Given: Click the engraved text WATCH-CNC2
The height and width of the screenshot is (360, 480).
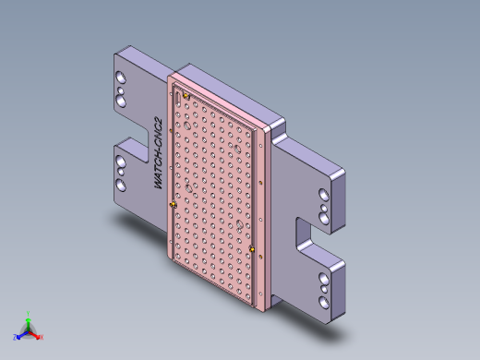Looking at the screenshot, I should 159,153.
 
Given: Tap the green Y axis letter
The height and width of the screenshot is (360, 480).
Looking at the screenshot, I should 29,313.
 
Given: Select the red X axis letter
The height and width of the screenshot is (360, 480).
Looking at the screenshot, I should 42,337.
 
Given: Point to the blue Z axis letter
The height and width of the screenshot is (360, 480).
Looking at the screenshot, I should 16,337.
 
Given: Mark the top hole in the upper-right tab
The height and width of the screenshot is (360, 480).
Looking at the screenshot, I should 322,195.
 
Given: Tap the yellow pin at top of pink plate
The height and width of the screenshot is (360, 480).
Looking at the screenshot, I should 186,94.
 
